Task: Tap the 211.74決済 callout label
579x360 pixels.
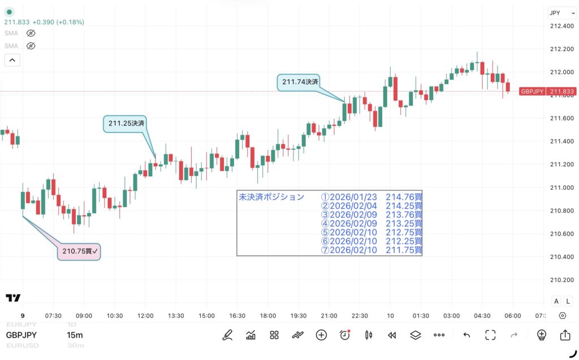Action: point(300,82)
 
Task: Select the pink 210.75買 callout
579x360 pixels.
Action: point(80,251)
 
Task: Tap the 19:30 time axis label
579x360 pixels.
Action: point(298,316)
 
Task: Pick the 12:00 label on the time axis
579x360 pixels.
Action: point(145,316)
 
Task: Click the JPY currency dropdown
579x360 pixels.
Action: point(560,13)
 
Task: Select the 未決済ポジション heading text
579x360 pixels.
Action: point(271,197)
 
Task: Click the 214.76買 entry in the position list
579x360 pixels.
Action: point(404,197)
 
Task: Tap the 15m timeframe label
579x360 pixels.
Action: point(75,335)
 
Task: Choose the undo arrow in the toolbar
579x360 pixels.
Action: point(466,335)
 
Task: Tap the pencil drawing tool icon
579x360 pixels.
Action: point(227,335)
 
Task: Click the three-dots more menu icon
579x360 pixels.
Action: point(439,335)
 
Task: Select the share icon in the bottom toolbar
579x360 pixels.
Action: point(565,335)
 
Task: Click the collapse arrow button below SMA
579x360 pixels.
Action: point(12,60)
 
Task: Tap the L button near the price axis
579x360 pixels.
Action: point(568,301)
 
